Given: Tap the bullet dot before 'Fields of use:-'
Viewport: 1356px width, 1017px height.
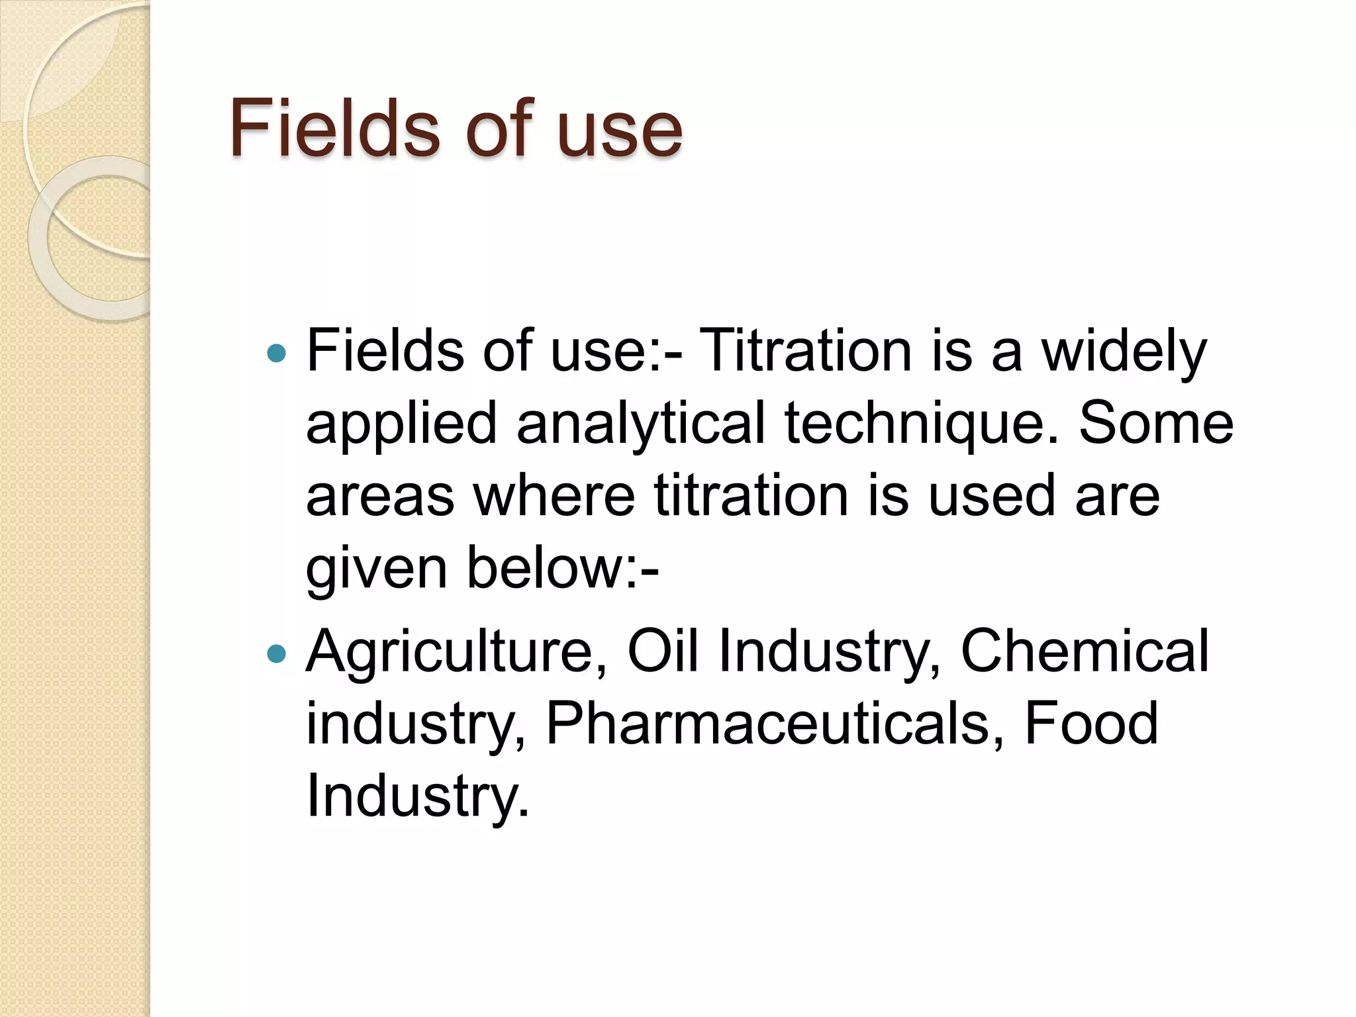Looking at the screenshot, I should [276, 354].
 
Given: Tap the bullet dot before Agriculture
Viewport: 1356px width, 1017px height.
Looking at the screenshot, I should [276, 654].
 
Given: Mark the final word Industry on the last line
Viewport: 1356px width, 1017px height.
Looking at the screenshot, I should [417, 797].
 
